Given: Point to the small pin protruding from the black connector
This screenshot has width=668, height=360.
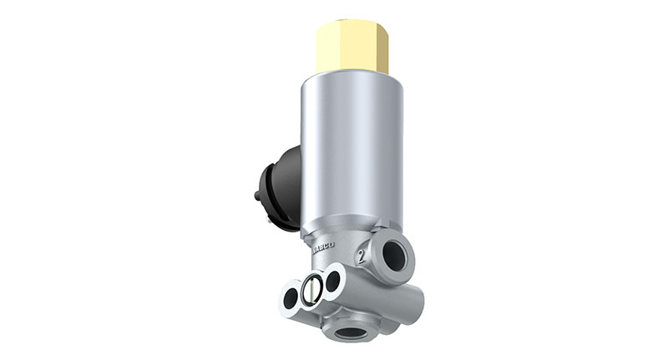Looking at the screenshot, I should tap(257, 197).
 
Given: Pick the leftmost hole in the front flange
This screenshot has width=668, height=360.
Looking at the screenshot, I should tap(293, 294).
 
